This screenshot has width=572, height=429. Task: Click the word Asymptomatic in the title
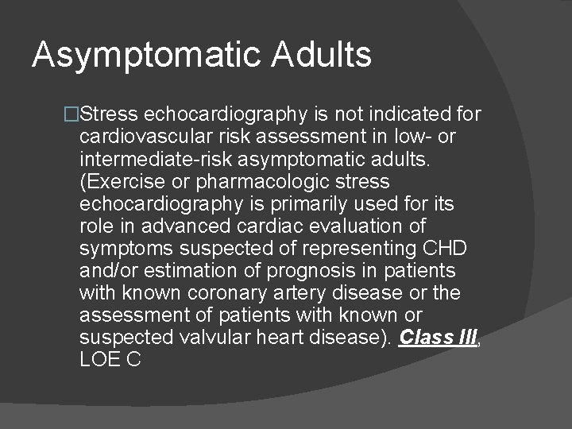[146, 55]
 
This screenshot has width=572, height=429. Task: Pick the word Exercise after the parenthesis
[118, 181]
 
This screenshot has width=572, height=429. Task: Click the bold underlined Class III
[439, 337]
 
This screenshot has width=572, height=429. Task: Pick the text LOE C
[110, 359]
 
